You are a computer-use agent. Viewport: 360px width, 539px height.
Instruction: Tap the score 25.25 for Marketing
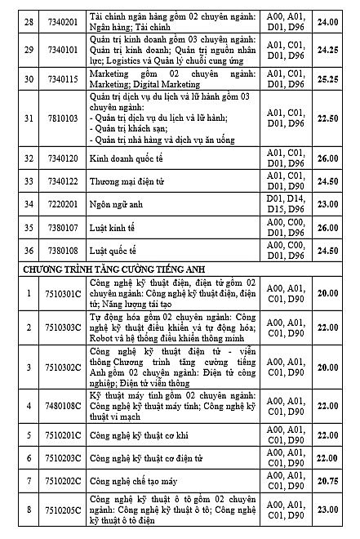327,79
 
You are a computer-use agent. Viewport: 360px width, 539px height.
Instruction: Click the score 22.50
327,118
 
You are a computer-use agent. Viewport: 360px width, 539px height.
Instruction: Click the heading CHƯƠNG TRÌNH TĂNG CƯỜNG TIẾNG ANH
113,269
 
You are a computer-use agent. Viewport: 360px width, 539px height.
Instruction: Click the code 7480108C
64,405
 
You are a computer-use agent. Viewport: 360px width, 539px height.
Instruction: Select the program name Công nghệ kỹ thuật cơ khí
142,435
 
